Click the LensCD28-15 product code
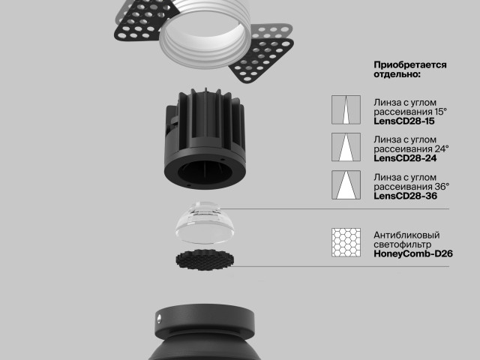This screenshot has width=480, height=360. click(x=403, y=121)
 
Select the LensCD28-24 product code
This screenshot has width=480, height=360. click(x=405, y=158)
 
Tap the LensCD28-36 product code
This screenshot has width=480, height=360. click(x=405, y=196)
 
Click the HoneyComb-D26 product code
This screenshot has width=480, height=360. click(x=413, y=253)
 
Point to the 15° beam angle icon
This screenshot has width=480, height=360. click(x=346, y=109)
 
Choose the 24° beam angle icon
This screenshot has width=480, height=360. click(x=346, y=147)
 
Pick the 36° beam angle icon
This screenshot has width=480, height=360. click(x=346, y=185)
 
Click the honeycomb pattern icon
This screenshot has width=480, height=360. click(x=346, y=242)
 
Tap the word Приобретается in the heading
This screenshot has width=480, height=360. click(x=410, y=65)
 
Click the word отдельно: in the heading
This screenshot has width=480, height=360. click(x=397, y=74)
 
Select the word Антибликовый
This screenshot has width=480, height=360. click(x=406, y=235)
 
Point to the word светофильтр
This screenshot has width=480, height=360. click(x=403, y=244)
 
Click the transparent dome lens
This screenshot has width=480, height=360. click(x=205, y=223)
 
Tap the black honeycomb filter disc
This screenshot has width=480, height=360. click(x=205, y=259)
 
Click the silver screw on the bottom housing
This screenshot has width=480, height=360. click(x=159, y=319)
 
